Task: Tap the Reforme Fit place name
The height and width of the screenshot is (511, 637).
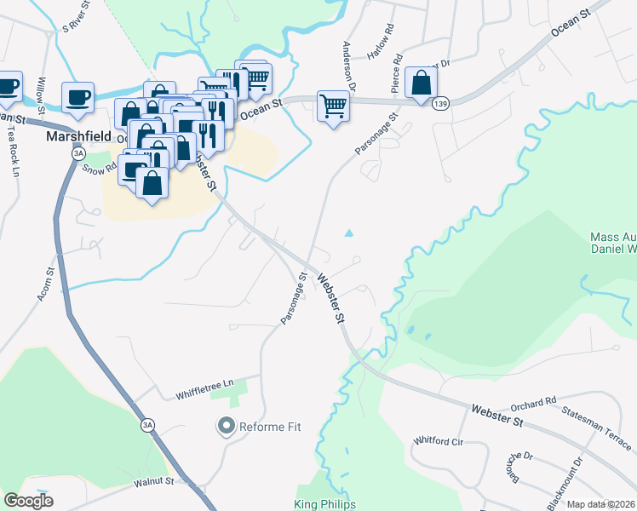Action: click(270, 425)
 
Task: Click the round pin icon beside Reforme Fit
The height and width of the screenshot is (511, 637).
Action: click(227, 425)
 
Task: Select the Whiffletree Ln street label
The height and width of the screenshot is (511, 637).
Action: click(204, 389)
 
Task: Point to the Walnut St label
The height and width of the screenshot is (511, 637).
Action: click(153, 482)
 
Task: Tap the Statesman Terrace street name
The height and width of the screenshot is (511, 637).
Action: click(597, 428)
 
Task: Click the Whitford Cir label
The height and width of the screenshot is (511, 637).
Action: click(437, 441)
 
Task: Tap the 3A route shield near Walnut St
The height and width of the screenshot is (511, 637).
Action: click(148, 424)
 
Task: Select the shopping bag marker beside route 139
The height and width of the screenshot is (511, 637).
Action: click(421, 83)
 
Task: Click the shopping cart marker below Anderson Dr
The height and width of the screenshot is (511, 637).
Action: click(333, 106)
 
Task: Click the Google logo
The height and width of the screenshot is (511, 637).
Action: click(28, 501)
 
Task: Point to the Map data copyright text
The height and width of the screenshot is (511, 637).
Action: click(600, 504)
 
